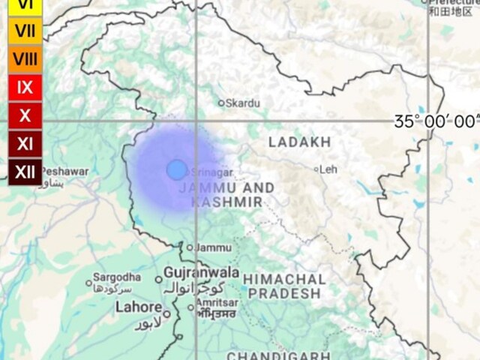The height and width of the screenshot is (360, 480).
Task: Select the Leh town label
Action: tap(328, 169)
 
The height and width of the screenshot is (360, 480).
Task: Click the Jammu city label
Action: tap(213, 247)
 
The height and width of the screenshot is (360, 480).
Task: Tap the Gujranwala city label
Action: tap(202, 271)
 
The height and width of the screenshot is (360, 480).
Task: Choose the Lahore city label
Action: tap(138, 307)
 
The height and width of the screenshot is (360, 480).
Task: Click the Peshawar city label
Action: tap(64, 172)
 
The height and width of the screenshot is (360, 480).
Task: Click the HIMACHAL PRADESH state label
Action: tap(284, 286)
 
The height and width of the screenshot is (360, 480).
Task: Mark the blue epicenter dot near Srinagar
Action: tap(176, 169)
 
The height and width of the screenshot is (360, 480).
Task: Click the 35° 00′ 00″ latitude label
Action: tap(436, 121)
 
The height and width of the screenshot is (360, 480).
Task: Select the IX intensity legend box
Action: tap(25, 87)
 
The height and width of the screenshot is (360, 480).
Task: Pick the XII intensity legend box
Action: tap(25, 172)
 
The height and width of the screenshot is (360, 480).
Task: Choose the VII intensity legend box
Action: tap(25, 31)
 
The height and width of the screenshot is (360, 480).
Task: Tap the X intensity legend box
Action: tap(25, 115)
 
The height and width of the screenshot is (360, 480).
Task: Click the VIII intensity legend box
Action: tap(25, 59)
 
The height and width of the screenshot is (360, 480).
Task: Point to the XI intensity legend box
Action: tap(25, 143)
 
